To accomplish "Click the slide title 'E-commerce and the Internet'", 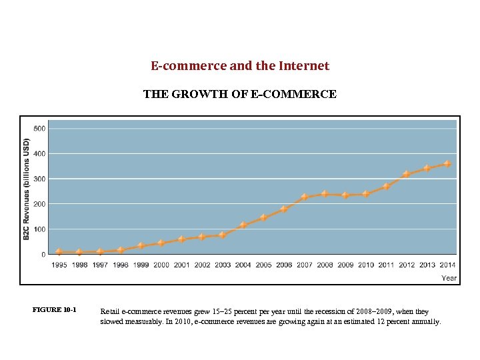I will tap(240, 66).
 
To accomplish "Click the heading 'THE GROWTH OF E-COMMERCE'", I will tap(240, 95).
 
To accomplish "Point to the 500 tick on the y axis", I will tap(39, 128).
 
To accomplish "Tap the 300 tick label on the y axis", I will tap(39, 179).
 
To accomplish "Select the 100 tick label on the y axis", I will tap(39, 229).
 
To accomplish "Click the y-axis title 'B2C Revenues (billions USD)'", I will tap(27, 190).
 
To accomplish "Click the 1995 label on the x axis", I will tap(59, 265).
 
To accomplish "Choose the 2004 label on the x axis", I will tap(243, 265).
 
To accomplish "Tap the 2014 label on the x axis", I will tap(447, 265).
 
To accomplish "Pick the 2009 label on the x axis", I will tap(345, 265).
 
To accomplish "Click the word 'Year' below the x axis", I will tap(449, 278).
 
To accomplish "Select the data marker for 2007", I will tap(305, 197).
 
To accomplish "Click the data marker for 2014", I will tap(447, 163).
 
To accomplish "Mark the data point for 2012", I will tap(407, 174).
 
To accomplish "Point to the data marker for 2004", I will tap(243, 225).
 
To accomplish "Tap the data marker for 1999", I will tap(141, 246).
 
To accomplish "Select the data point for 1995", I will tap(59, 252).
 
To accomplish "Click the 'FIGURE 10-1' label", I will tap(55, 310).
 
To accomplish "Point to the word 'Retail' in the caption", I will tap(109, 311).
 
